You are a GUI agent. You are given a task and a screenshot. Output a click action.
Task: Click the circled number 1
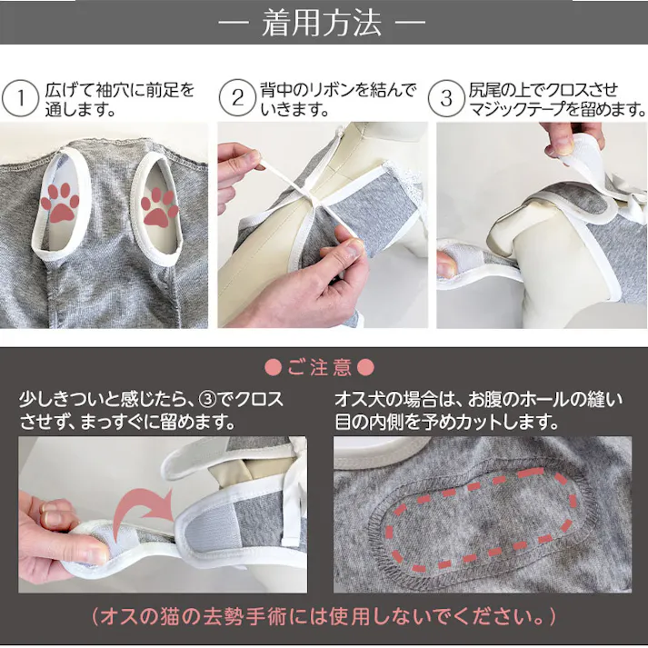(17, 99)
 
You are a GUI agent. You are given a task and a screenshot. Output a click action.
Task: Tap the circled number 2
(236, 99)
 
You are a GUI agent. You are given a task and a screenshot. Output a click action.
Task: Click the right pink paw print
(162, 204)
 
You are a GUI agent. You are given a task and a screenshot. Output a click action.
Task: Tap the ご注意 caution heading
(324, 368)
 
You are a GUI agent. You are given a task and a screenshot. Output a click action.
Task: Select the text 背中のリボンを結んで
(338, 90)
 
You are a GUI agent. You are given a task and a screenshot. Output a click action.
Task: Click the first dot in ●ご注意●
(271, 368)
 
